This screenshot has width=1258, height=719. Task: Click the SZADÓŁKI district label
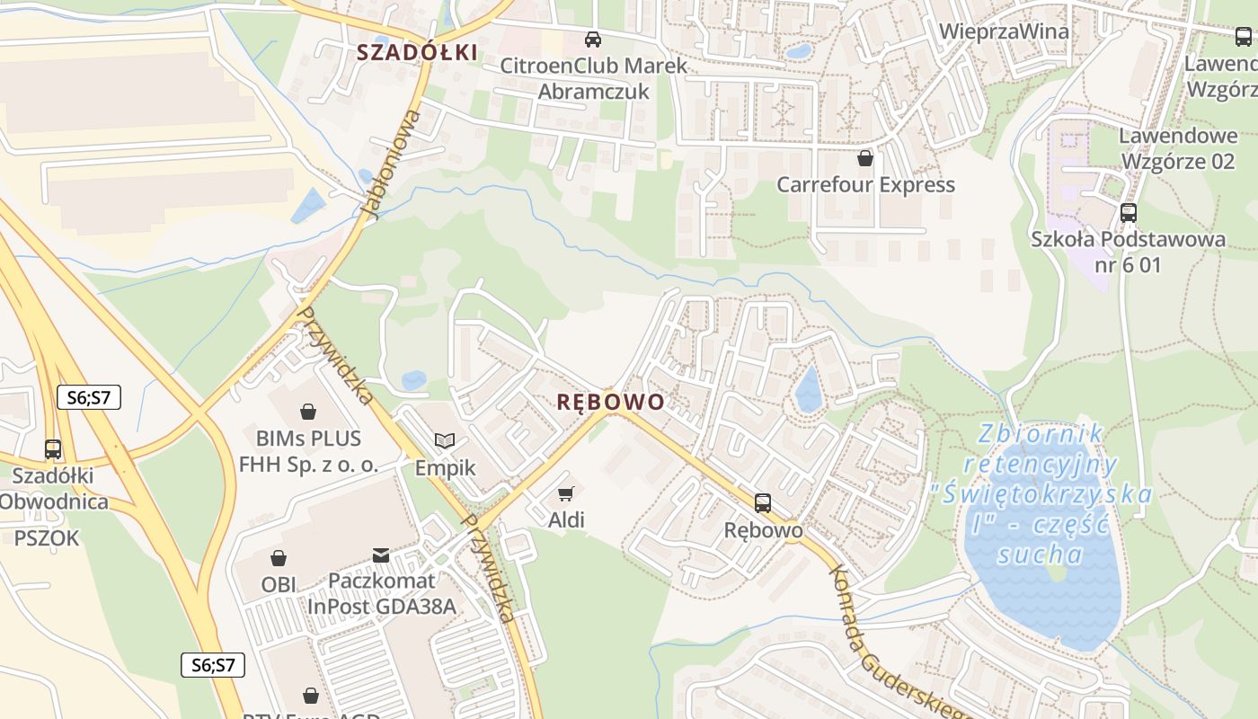[417, 52]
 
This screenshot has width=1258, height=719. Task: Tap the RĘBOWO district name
[610, 402]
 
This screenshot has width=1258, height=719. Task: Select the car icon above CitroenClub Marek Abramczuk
[593, 39]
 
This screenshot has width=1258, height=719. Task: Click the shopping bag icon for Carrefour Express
[865, 158]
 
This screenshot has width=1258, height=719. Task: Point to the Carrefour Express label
[865, 184]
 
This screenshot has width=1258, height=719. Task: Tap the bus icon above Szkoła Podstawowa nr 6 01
[1129, 213]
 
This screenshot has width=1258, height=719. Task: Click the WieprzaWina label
[1004, 31]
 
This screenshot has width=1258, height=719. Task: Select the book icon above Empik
[445, 440]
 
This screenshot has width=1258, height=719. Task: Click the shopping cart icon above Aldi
[565, 493]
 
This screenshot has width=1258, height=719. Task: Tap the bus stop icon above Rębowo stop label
[763, 502]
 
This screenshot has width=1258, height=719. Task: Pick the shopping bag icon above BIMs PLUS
[308, 412]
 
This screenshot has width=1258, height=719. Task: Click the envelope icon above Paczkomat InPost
[381, 555]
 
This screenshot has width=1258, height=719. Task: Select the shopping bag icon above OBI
[279, 558]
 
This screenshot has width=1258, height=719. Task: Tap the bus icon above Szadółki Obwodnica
[53, 448]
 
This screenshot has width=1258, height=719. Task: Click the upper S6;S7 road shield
[89, 397]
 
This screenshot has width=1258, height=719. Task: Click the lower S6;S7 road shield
[213, 665]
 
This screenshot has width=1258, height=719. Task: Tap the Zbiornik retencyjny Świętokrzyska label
[1042, 494]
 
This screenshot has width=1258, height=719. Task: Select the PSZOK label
[47, 538]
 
